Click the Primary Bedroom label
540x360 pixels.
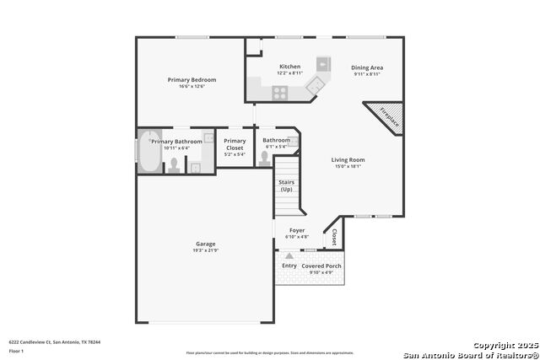click(192, 80)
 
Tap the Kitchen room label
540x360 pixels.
click(289, 67)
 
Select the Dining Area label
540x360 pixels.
click(367, 67)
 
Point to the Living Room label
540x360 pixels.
click(347, 159)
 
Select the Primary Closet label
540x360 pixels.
click(235, 144)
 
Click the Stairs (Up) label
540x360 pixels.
click(286, 185)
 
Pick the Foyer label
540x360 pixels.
click(297, 230)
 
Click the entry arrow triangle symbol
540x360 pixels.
click(289, 255)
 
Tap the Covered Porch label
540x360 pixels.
click(321, 266)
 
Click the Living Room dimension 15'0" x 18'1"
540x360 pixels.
click(347, 166)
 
